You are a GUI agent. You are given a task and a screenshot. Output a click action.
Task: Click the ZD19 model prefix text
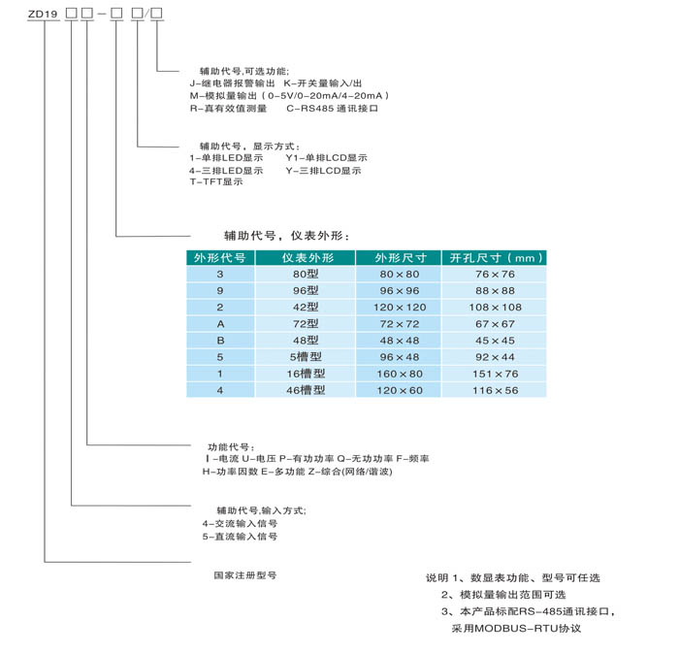pyautogui.click(x=43, y=14)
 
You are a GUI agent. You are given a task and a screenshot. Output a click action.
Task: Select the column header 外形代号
pyautogui.click(x=220, y=258)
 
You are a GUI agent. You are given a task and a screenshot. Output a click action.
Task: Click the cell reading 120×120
pyautogui.click(x=400, y=308)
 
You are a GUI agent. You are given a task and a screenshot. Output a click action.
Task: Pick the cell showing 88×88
pyautogui.click(x=496, y=291)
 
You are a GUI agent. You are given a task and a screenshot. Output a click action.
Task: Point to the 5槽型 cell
pyautogui.click(x=306, y=357)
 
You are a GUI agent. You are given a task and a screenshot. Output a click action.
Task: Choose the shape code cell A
pyautogui.click(x=220, y=324)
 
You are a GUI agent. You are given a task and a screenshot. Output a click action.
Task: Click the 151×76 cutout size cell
pyautogui.click(x=496, y=374)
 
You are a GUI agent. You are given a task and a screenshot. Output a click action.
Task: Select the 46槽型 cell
pyautogui.click(x=306, y=390)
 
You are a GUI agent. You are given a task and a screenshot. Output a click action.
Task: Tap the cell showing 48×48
pyautogui.click(x=400, y=341)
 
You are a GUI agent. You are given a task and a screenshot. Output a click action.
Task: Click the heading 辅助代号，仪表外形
pyautogui.click(x=286, y=236)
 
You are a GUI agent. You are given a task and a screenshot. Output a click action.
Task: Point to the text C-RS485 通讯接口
pyautogui.click(x=332, y=109)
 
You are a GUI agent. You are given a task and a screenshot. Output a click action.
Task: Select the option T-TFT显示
pyautogui.click(x=216, y=181)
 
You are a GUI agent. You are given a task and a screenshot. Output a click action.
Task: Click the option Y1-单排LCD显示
pyautogui.click(x=327, y=158)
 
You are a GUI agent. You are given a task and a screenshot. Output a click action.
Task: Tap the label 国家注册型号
pyautogui.click(x=245, y=575)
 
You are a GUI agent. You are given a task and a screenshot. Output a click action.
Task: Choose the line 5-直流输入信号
pyautogui.click(x=240, y=537)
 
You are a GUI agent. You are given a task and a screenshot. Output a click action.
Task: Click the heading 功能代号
pyautogui.click(x=231, y=447)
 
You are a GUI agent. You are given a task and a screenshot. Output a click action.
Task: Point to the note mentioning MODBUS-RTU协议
pyautogui.click(x=516, y=629)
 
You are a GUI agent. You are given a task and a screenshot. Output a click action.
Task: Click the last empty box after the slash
pyautogui.click(x=156, y=14)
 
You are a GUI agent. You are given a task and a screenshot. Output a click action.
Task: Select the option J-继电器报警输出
pyautogui.click(x=232, y=83)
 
